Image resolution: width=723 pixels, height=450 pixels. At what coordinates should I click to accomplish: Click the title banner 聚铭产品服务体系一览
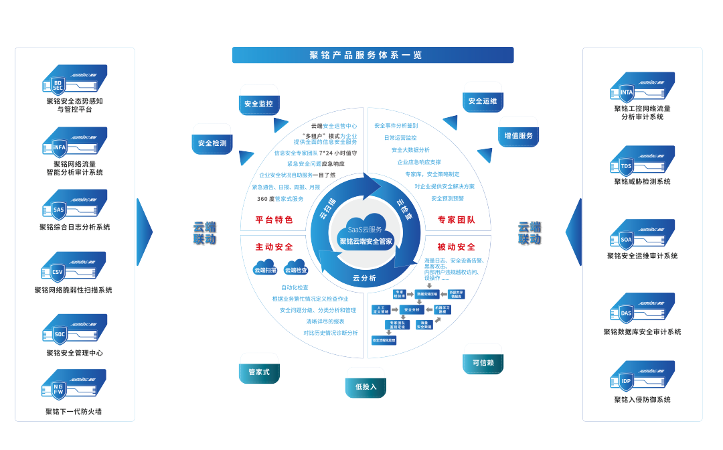point(372,55)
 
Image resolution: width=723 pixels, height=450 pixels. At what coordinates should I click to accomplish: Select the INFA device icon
point(74,143)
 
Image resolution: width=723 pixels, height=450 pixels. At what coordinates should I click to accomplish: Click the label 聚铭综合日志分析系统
point(74,227)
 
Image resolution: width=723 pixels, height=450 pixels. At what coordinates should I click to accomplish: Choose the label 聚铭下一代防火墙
point(74,411)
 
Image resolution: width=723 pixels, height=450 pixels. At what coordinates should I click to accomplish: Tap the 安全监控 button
point(258,104)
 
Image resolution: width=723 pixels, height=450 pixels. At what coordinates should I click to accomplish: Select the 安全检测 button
point(212,143)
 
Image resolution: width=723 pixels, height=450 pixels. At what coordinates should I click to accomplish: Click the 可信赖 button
point(483,362)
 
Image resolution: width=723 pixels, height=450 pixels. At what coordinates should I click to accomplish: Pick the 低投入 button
point(366,386)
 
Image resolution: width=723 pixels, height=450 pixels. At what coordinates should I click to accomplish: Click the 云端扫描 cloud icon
point(265,267)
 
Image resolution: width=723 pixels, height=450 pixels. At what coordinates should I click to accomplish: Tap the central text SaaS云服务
point(366,229)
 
